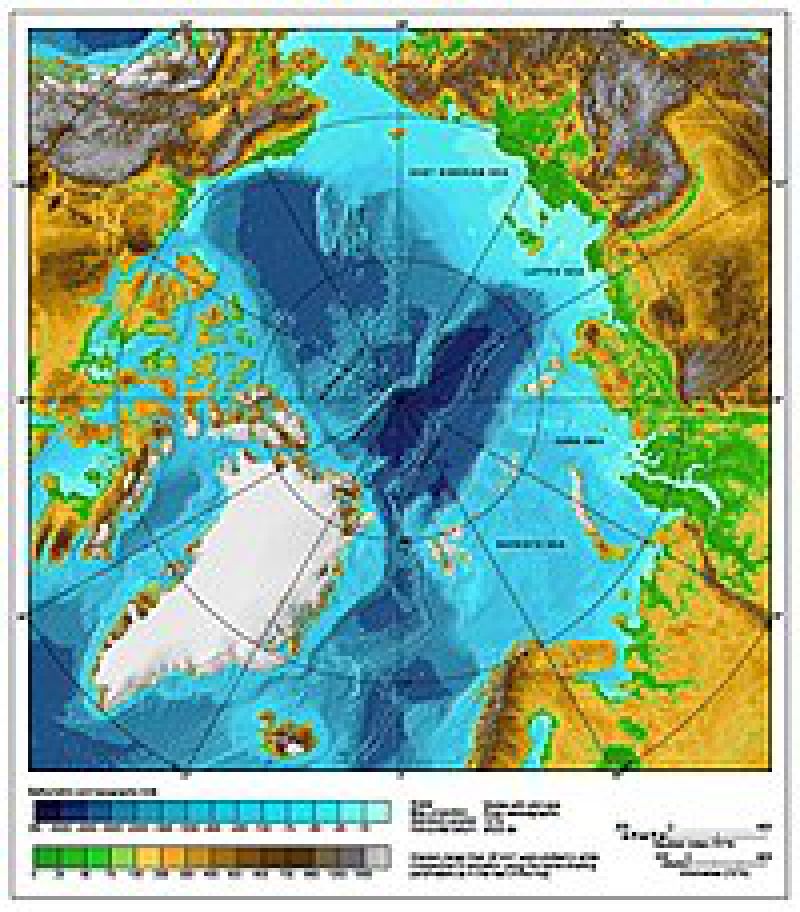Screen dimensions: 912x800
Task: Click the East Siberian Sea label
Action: point(450,172)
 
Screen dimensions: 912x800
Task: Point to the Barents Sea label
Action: point(518,545)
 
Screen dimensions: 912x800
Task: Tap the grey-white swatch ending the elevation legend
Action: point(378,857)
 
